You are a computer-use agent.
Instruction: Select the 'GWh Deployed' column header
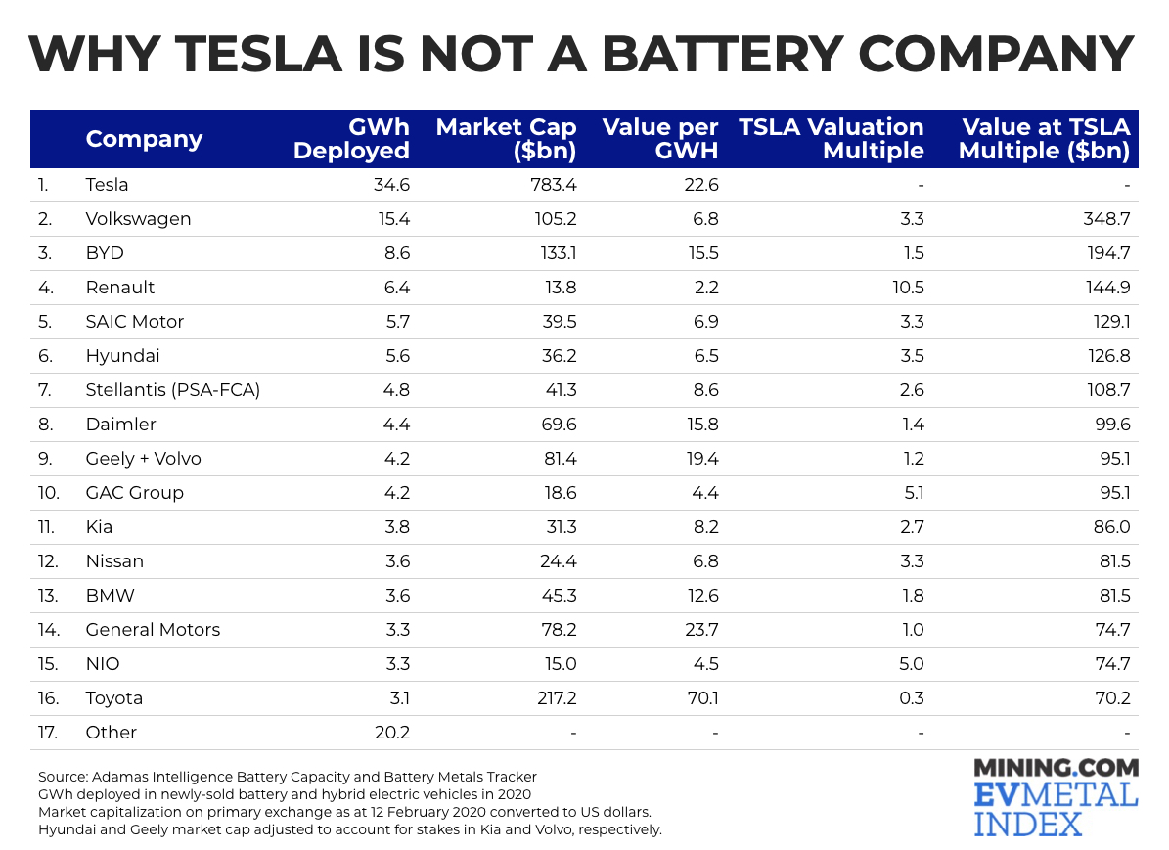(x=351, y=139)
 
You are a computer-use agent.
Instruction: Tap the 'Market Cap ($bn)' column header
(x=506, y=139)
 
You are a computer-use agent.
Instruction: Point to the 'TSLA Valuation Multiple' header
(x=832, y=139)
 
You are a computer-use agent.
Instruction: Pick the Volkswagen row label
(x=138, y=219)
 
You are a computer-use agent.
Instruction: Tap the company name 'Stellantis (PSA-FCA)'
(x=173, y=390)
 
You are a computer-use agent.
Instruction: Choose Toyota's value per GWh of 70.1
(x=700, y=698)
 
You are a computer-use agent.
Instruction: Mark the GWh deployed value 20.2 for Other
(x=390, y=733)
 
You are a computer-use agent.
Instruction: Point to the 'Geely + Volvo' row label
(x=143, y=459)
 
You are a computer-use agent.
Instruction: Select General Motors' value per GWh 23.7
(x=699, y=630)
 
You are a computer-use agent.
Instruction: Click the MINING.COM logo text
(x=1057, y=768)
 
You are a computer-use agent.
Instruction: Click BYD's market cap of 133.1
(x=556, y=253)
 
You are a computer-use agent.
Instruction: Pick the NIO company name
(x=103, y=664)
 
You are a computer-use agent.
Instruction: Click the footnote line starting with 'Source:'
(x=287, y=777)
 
